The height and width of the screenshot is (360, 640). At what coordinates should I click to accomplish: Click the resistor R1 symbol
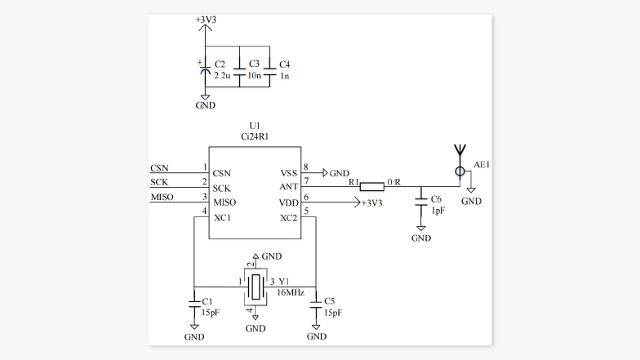(x=372, y=185)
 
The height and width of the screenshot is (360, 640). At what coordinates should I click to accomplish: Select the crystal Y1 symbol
(x=256, y=286)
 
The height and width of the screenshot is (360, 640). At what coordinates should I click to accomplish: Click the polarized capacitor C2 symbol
(x=206, y=70)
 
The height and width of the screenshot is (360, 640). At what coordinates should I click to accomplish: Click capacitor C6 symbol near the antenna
(x=420, y=201)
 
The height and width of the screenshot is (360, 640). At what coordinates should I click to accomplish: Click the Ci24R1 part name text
(x=254, y=136)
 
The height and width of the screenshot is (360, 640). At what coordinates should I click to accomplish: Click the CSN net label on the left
(x=160, y=168)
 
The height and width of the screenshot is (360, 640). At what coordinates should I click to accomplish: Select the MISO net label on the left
(x=162, y=198)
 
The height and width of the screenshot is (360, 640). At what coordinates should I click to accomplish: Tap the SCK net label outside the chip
(x=160, y=183)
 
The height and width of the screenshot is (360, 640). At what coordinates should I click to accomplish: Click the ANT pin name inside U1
(x=289, y=188)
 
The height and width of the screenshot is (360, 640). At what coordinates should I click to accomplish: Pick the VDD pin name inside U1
(x=289, y=202)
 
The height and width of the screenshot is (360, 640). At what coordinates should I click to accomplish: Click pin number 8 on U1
(x=305, y=167)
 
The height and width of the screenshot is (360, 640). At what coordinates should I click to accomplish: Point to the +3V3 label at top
(x=207, y=19)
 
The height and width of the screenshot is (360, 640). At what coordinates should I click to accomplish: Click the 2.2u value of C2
(x=223, y=75)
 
